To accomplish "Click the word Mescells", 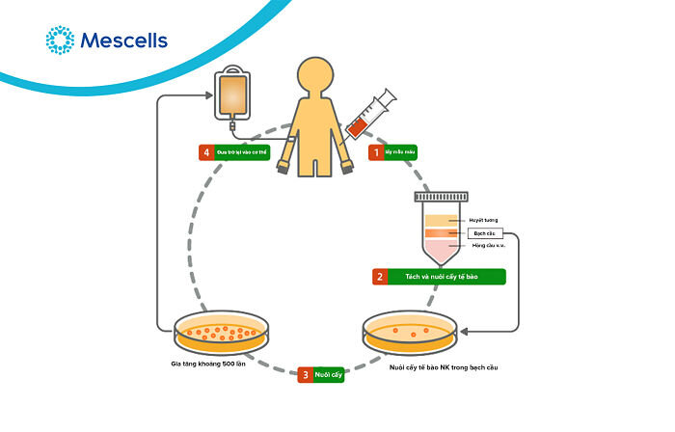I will (x=124, y=40).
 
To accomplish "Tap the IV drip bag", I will (x=231, y=94).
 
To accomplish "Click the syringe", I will (x=370, y=112).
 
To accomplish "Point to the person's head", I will (x=316, y=77).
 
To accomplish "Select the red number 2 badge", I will (x=381, y=277).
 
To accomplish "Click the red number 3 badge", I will (x=305, y=374).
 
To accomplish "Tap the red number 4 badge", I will (x=204, y=151).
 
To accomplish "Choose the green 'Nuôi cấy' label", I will (x=329, y=374).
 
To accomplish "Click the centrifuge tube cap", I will (x=445, y=197).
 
